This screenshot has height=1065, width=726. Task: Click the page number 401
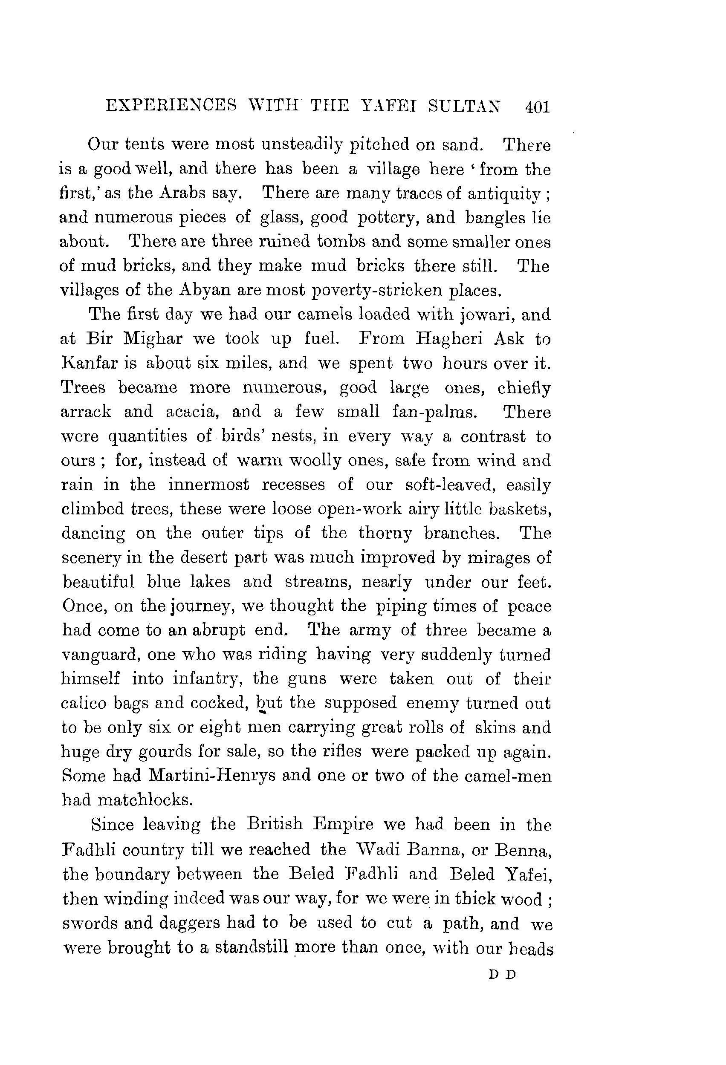click(x=537, y=107)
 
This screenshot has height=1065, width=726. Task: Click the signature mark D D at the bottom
click(x=502, y=974)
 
